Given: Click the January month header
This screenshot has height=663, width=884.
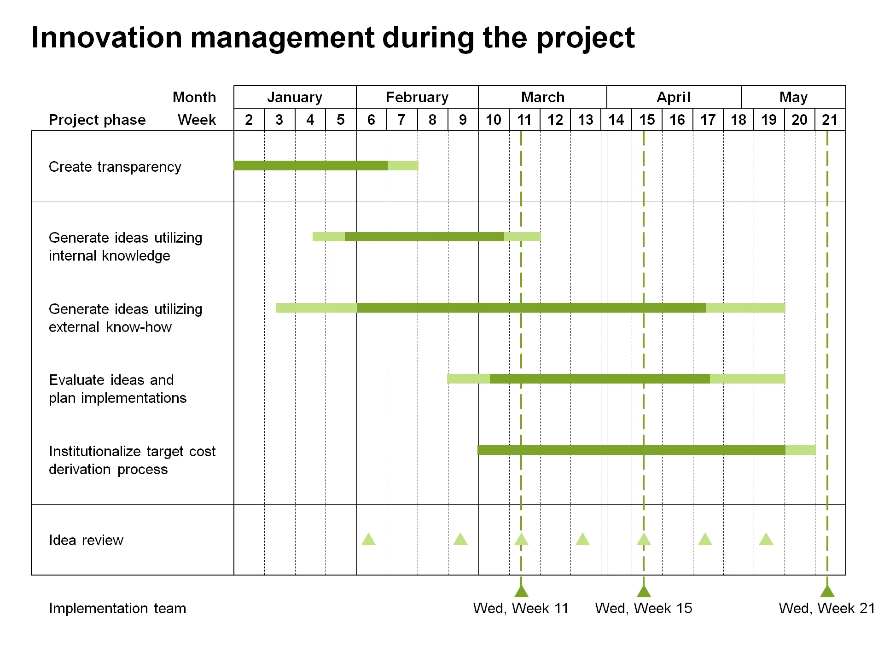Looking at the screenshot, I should point(295,97).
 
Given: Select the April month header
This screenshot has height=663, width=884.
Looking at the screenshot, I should point(674,97).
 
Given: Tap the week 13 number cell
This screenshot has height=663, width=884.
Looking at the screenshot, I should point(586,120).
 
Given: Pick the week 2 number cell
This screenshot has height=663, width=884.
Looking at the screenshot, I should point(249,120).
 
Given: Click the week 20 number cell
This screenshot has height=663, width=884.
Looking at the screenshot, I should point(799,120).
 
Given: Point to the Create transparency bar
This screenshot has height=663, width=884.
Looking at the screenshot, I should point(326,165).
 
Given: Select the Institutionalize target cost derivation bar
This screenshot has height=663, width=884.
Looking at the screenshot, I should point(646,450).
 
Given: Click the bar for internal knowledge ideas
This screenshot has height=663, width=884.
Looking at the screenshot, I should point(426,237).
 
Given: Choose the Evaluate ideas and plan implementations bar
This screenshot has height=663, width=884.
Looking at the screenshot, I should point(616,378).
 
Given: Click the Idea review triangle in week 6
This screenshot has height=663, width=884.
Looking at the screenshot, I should point(368,540).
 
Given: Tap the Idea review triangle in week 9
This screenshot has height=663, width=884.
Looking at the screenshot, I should point(460,540).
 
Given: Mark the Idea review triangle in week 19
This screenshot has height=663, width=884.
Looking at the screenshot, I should point(766,540).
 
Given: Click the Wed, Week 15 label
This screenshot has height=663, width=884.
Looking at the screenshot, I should point(643,608).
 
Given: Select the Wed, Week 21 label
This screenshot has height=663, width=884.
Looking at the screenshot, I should point(826,608).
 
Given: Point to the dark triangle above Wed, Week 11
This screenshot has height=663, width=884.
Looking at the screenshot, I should point(521,591).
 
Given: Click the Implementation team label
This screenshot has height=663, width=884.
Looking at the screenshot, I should point(117,608).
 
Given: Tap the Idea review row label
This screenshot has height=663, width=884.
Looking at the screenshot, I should point(86,540).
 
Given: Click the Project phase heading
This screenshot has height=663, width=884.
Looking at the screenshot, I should point(97,120).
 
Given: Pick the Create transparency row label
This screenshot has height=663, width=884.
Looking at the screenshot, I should point(115,167).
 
